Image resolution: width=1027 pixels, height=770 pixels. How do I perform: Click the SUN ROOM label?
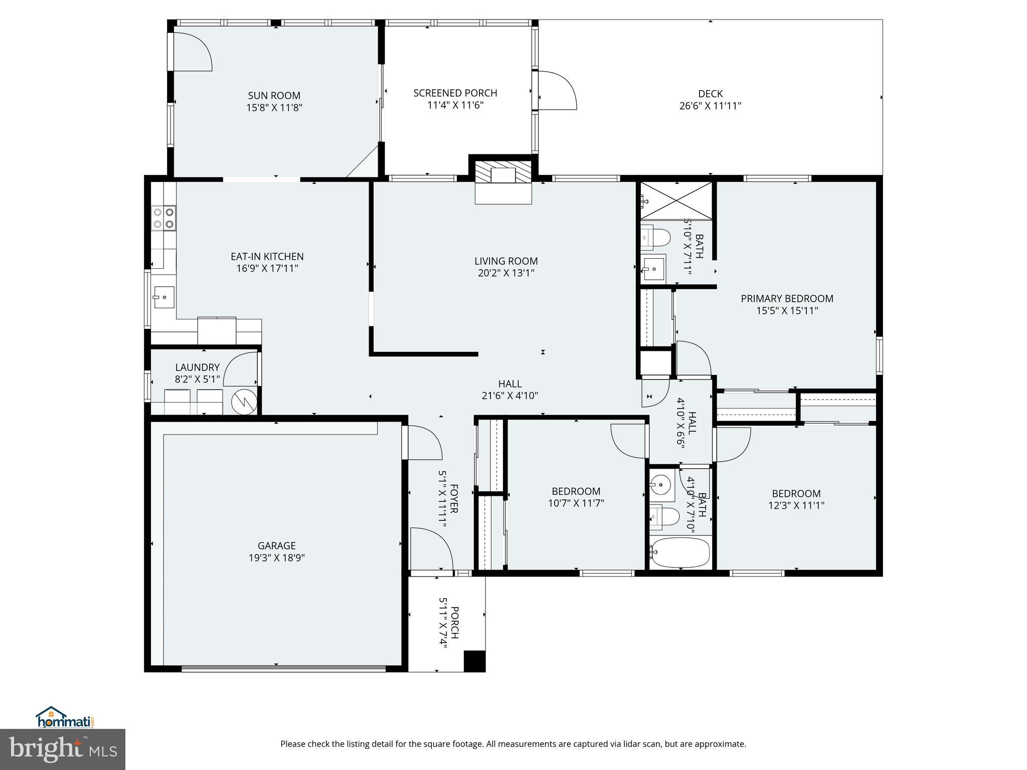point(274,96)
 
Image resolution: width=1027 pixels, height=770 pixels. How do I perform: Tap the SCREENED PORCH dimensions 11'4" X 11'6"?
point(455,105)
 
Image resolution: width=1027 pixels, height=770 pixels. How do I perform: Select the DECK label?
point(710,94)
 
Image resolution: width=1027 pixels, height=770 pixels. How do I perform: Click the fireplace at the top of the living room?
point(503,175)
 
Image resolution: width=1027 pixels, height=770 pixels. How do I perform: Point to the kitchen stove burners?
point(164,218)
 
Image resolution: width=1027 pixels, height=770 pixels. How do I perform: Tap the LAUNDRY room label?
point(197,367)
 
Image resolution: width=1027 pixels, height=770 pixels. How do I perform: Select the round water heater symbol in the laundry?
point(244,402)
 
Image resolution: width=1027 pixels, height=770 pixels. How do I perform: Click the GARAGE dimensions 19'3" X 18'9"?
point(276,557)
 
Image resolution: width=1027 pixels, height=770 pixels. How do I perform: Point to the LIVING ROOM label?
point(506,261)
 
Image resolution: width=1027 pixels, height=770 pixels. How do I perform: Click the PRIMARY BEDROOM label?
point(787,299)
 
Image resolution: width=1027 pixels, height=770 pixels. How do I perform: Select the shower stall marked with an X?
point(676,201)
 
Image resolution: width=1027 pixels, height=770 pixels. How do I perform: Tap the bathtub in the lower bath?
point(680,552)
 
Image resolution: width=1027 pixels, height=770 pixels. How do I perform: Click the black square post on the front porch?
point(474,661)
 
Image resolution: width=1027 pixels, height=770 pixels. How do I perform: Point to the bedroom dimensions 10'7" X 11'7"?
point(576,503)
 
